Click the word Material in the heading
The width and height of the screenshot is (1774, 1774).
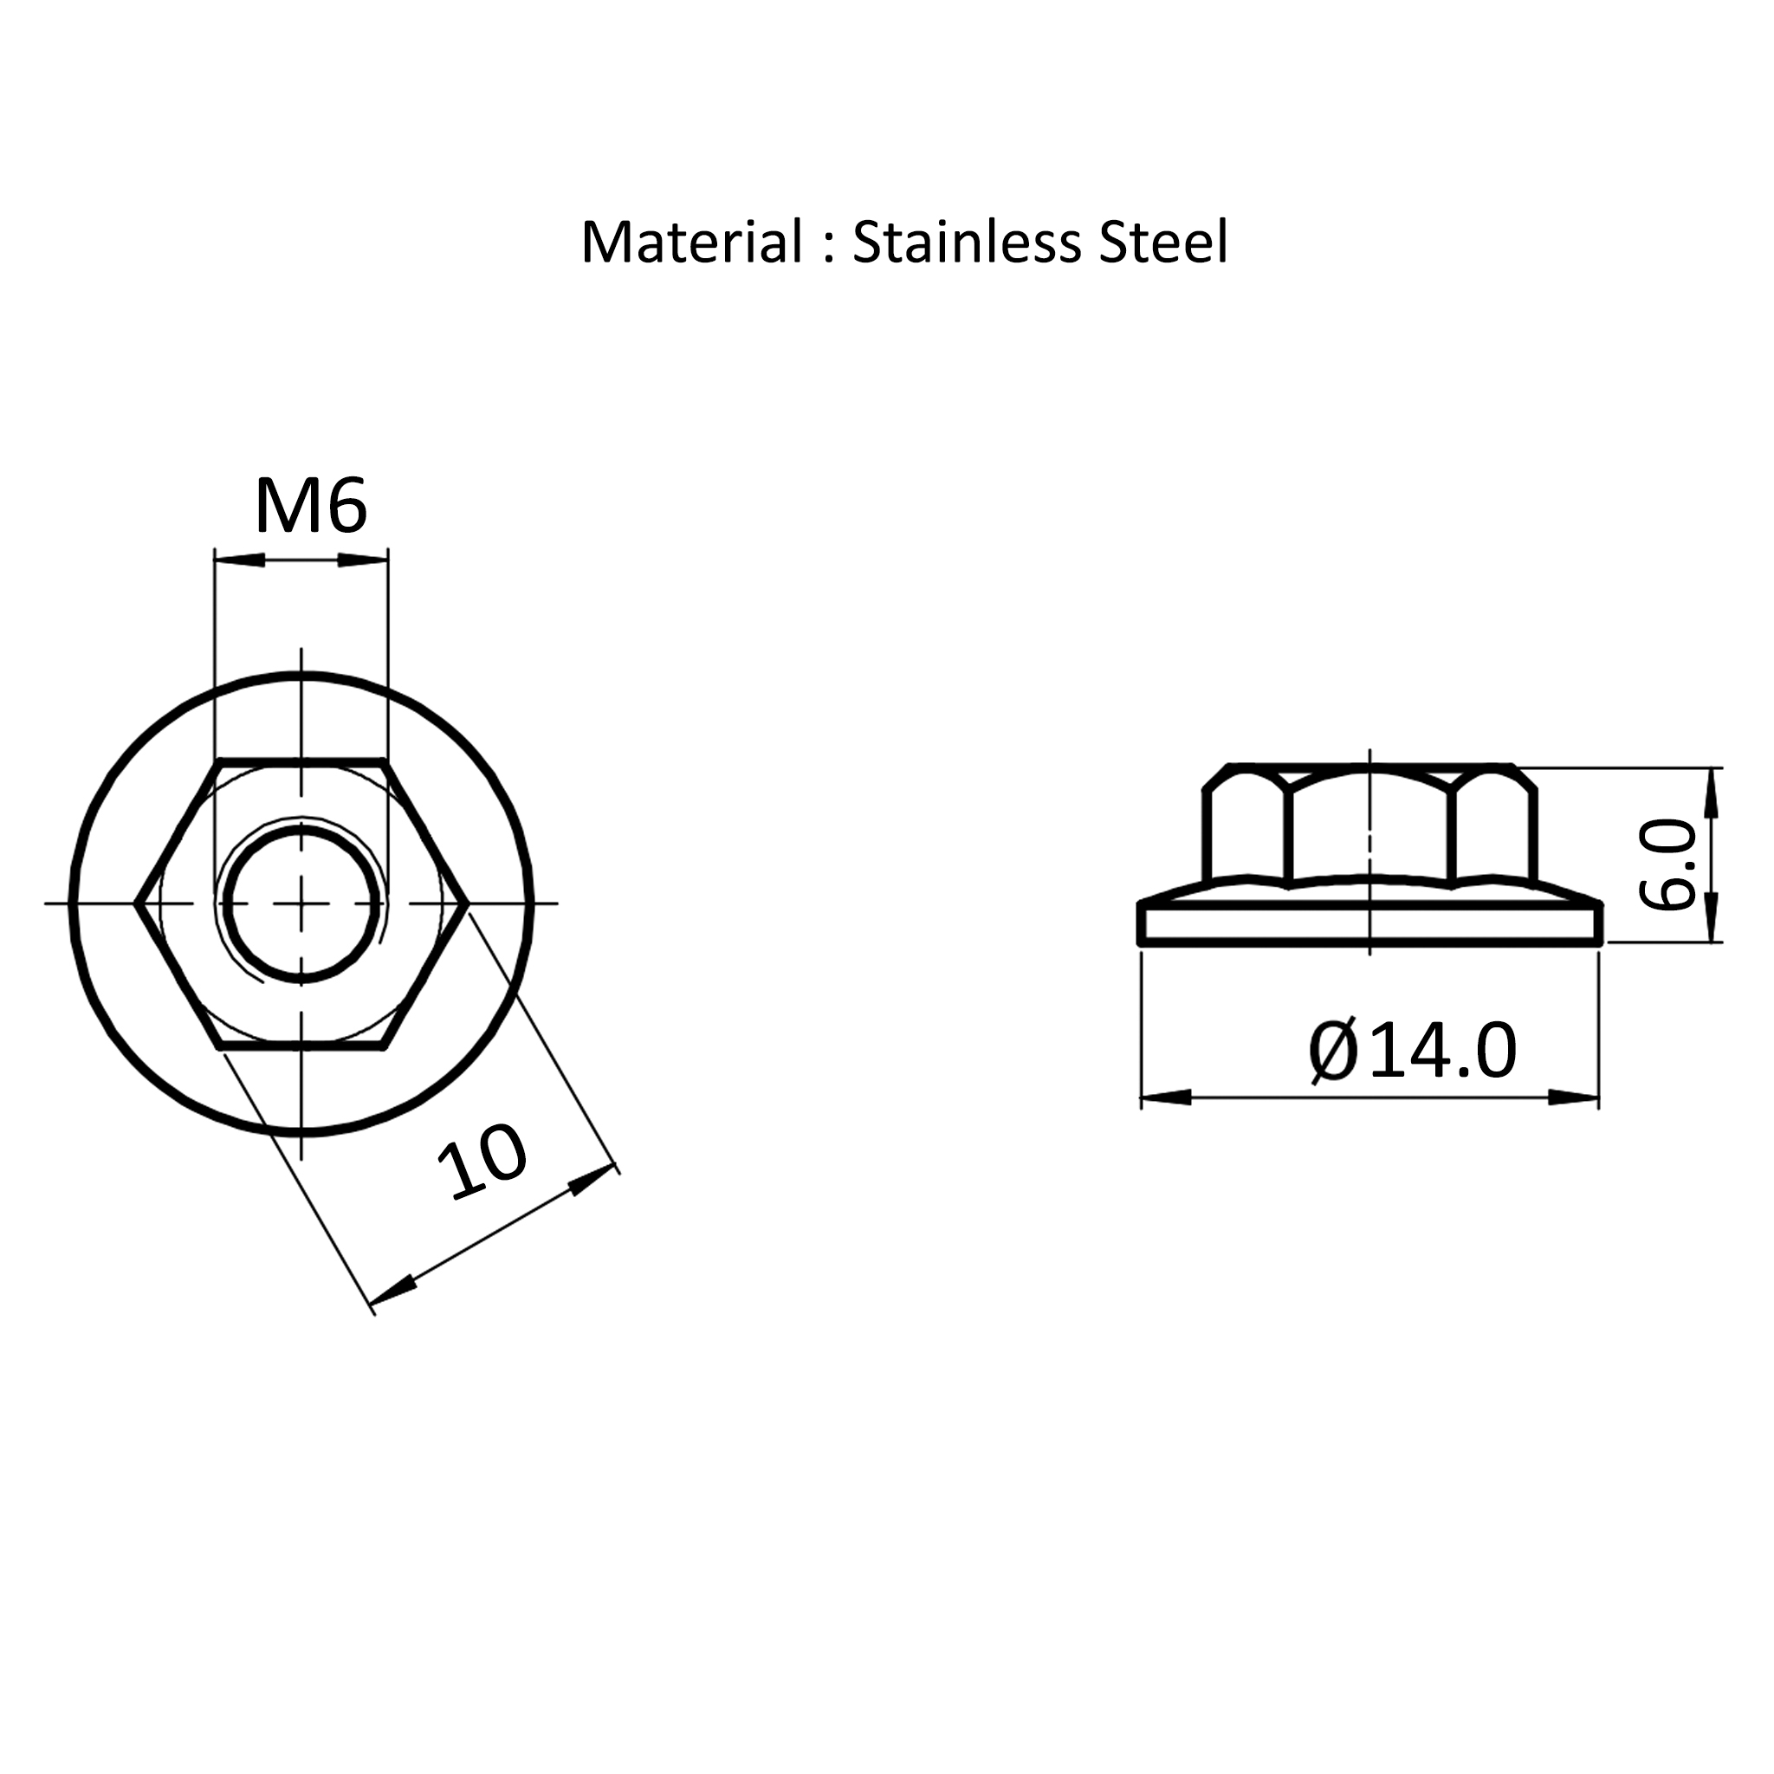pos(692,243)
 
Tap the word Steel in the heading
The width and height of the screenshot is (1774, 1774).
pos(1163,243)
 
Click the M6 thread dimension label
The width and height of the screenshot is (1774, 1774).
pos(310,506)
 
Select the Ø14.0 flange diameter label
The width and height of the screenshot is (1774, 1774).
pos(1412,1052)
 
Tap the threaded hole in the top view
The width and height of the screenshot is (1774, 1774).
pos(301,904)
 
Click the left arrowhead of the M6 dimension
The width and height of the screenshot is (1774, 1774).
pos(240,560)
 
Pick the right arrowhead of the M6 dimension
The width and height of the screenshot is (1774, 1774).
pos(363,560)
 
